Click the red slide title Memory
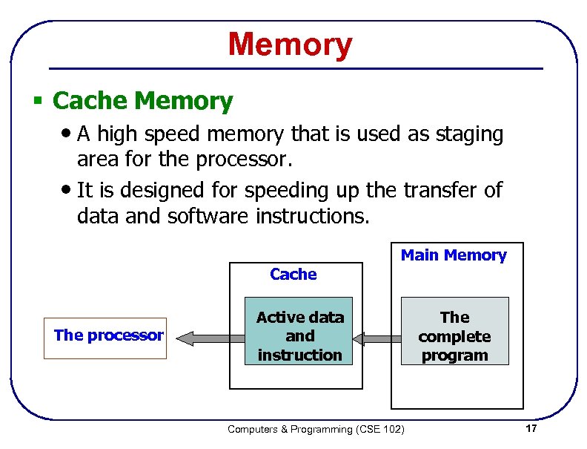(x=290, y=45)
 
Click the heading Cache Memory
(x=143, y=100)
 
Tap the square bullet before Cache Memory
(x=37, y=101)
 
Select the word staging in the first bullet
(x=468, y=134)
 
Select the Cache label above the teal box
(x=293, y=275)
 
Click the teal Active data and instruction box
(x=299, y=336)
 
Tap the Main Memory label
(x=454, y=255)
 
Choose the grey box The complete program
(x=454, y=336)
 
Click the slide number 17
(x=530, y=429)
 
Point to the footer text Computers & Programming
(x=291, y=429)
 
